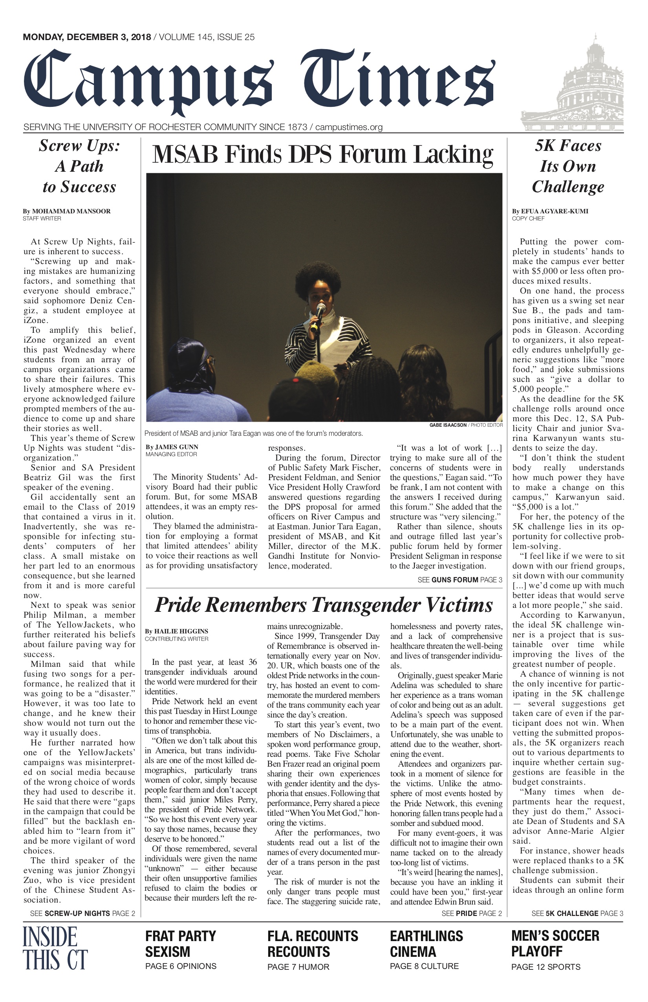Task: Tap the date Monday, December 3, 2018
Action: click(x=87, y=37)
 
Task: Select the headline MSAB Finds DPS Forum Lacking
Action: click(x=322, y=154)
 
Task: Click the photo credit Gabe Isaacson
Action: click(x=448, y=425)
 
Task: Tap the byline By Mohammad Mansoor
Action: click(x=66, y=211)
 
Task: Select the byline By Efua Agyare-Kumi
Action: click(x=550, y=211)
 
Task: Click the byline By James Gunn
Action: click(x=172, y=447)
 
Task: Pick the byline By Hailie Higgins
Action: click(x=176, y=631)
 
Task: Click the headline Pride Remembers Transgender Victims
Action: click(x=324, y=605)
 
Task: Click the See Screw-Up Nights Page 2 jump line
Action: click(x=82, y=914)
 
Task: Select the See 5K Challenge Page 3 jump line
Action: click(x=577, y=914)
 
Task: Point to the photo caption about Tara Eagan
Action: click(x=253, y=433)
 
